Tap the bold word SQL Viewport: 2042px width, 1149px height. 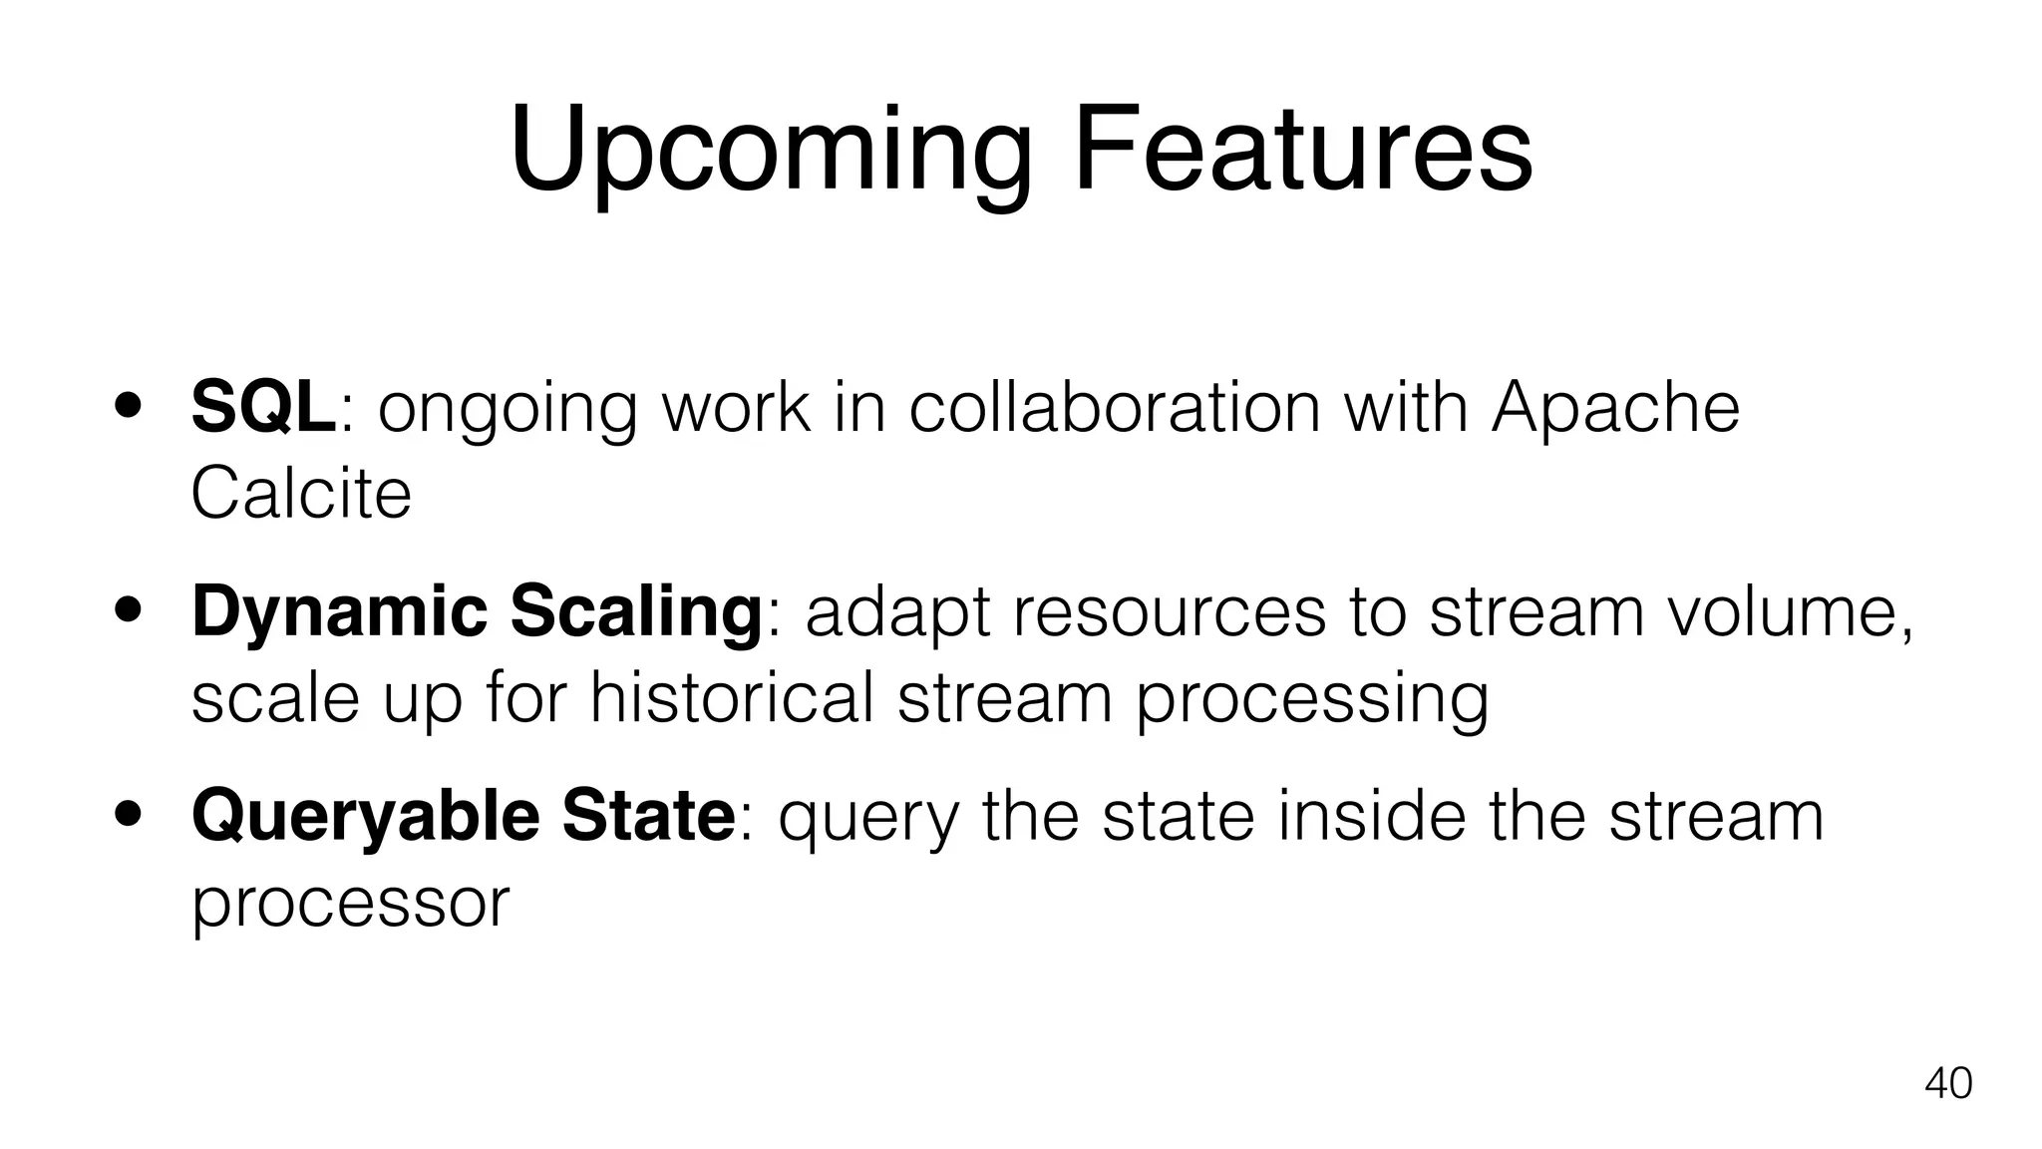tap(263, 407)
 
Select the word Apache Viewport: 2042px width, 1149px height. tap(1615, 407)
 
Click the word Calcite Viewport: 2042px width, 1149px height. tap(300, 494)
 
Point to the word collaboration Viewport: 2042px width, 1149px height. tap(1114, 407)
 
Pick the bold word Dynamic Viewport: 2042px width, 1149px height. tap(339, 612)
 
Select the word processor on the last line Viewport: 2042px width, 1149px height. tap(350, 903)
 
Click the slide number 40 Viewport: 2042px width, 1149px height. tap(1947, 1083)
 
